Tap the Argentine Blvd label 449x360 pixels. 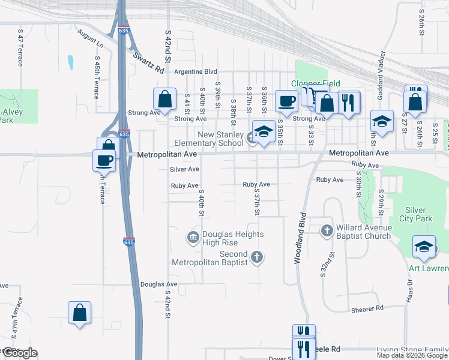[195, 71]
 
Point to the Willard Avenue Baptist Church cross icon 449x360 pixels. [327, 230]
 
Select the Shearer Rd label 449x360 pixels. [367, 308]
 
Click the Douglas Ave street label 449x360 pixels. [158, 284]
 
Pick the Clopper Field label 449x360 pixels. [316, 83]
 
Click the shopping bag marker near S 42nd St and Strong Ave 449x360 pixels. [164, 99]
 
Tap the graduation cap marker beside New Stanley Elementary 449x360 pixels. [263, 131]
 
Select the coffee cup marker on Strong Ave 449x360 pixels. [287, 100]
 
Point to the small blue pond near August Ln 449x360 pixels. [71, 62]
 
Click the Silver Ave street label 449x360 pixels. [184, 170]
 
